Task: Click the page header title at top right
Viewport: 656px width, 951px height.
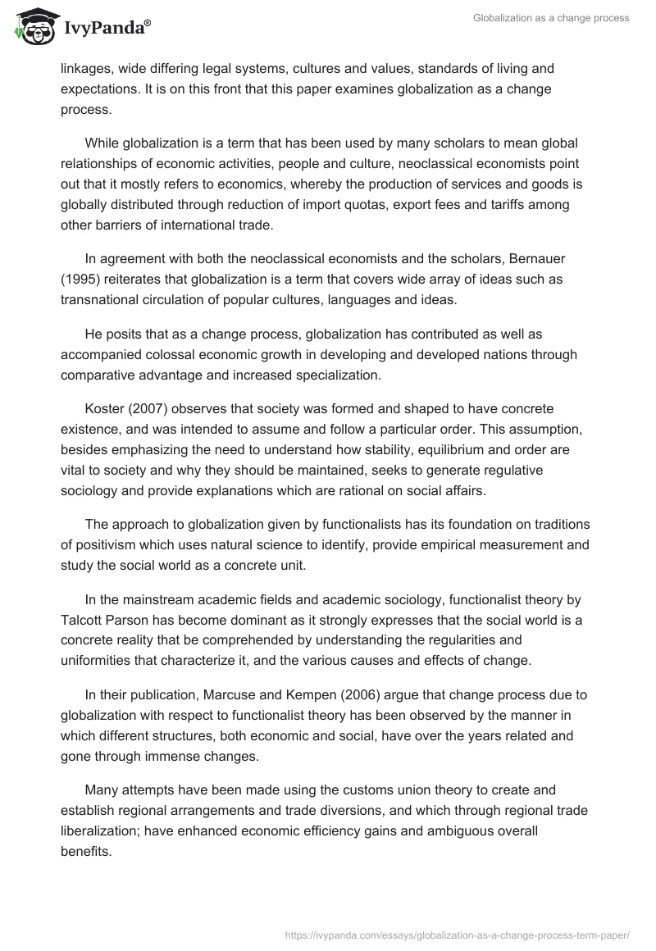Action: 551,18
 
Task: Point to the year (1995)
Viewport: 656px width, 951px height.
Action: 80,280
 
